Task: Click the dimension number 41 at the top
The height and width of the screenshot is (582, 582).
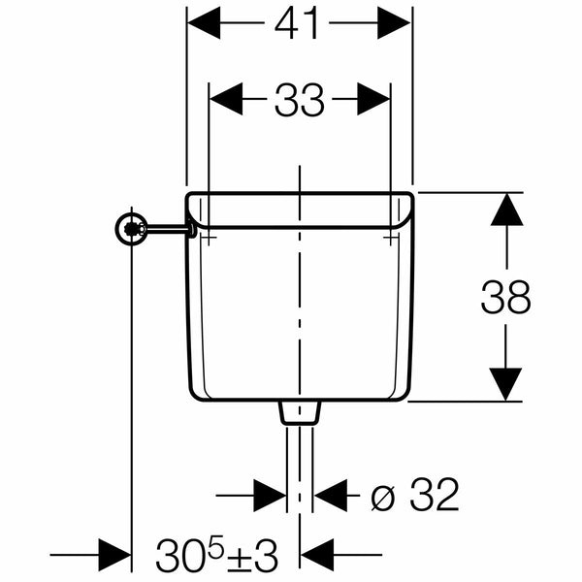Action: pyautogui.click(x=296, y=23)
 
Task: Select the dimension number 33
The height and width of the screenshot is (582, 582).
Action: pyautogui.click(x=299, y=100)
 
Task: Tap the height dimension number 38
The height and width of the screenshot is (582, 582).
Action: pyautogui.click(x=505, y=297)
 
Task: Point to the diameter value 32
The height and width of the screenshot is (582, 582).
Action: pyautogui.click(x=435, y=495)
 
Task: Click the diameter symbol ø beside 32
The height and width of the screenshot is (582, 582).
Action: pyautogui.click(x=382, y=498)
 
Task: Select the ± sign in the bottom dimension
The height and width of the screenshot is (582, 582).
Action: pyautogui.click(x=238, y=556)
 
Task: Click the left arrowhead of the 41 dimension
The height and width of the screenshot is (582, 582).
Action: pyautogui.click(x=204, y=22)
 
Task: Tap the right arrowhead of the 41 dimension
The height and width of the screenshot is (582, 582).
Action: pyautogui.click(x=394, y=22)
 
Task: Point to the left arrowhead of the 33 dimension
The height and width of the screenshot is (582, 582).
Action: pyautogui.click(x=226, y=99)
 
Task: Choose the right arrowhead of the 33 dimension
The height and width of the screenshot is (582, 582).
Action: pyautogui.click(x=373, y=99)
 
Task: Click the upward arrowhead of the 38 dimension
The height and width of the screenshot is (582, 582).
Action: pyautogui.click(x=506, y=210)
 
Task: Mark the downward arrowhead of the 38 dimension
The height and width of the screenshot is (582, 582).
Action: pyautogui.click(x=505, y=384)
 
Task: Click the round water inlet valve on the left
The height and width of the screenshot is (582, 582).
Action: pyautogui.click(x=131, y=229)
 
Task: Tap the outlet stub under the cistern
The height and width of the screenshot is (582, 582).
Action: pyautogui.click(x=300, y=413)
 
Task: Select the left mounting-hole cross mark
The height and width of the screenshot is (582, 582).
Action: pyautogui.click(x=209, y=237)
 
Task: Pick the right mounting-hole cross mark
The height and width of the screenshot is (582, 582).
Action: pyautogui.click(x=390, y=237)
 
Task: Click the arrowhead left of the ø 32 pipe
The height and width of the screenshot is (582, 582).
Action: pyautogui.click(x=270, y=495)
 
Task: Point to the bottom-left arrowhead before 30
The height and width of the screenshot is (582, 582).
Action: pyautogui.click(x=114, y=555)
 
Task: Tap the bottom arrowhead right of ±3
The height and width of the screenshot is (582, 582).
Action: pyautogui.click(x=317, y=555)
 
